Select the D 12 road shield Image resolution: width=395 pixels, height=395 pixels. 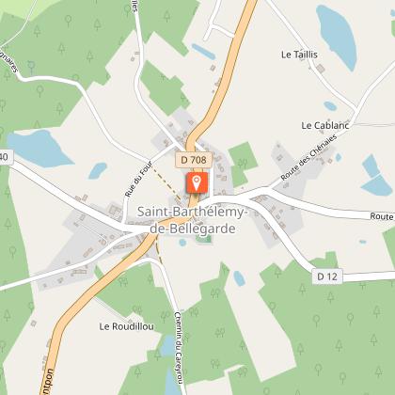coord(326,276)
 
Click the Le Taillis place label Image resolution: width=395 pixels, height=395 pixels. coord(299,55)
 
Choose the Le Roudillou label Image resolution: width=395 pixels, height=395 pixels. coord(120,327)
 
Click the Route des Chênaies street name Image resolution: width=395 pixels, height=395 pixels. coord(308,158)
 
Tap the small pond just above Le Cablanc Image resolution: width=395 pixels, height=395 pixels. coord(330,106)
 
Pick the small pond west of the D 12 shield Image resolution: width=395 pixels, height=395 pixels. coord(239,278)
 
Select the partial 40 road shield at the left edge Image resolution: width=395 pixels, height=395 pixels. coord(4,156)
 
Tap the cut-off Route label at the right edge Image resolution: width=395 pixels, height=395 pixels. coord(382,216)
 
